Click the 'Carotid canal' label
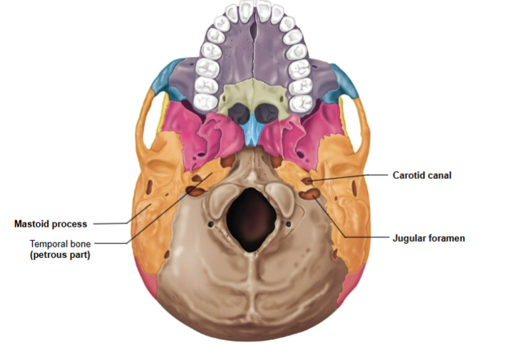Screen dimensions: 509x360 422,175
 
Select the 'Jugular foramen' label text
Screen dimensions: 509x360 428,238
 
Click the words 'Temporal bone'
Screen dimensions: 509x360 60,242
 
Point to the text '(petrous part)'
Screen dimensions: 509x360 61,254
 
